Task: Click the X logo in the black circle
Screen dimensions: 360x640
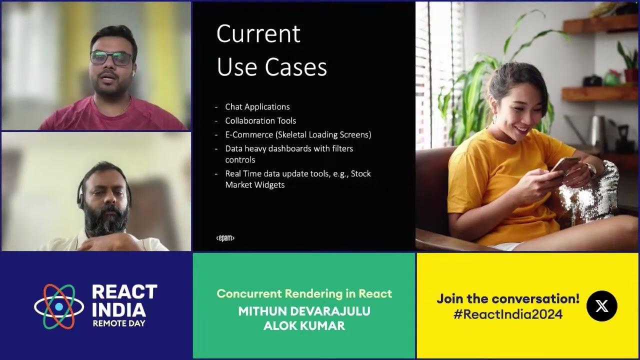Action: click(x=601, y=305)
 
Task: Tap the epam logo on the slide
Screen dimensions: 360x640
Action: click(x=225, y=238)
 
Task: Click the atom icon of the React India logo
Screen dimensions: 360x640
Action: click(x=59, y=306)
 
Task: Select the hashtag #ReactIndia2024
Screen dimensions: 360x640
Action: click(x=507, y=314)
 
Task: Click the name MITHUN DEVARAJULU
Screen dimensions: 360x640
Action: click(x=304, y=311)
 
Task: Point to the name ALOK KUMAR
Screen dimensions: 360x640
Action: click(x=304, y=326)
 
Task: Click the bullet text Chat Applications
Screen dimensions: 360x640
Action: click(x=257, y=106)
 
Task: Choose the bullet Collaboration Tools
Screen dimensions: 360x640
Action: click(x=260, y=120)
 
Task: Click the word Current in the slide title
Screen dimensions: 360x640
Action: click(x=258, y=34)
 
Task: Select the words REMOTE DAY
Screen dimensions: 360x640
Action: click(x=119, y=323)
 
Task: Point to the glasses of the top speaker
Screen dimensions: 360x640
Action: click(x=111, y=58)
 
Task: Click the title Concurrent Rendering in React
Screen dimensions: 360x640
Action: click(x=304, y=293)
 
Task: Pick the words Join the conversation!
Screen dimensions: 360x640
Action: click(x=507, y=298)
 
